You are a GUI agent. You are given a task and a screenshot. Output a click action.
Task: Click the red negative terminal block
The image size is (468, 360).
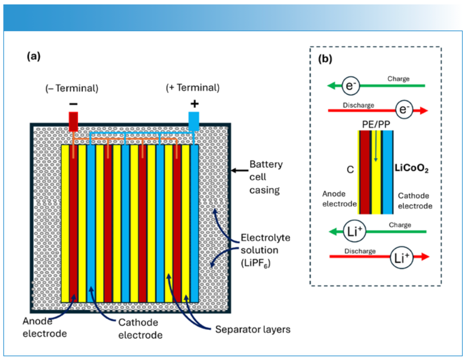coord(73,121)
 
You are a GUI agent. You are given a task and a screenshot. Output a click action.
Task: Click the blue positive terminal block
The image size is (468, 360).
coord(194,121)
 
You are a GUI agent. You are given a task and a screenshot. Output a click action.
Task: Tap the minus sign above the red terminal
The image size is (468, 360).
coord(73,104)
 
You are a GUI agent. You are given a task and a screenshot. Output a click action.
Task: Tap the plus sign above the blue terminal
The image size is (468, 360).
coord(194,104)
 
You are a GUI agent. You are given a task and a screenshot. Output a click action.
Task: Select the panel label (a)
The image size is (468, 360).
coord(34,57)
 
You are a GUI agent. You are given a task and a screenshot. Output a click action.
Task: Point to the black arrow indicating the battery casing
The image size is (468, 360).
coord(239,171)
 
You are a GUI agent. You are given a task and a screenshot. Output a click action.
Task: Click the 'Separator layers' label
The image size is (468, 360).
coord(253,330)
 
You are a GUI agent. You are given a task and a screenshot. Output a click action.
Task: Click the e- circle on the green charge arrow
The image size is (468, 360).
coord(350,85)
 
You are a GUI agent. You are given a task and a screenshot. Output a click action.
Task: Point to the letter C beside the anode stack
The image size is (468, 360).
coord(350,170)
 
